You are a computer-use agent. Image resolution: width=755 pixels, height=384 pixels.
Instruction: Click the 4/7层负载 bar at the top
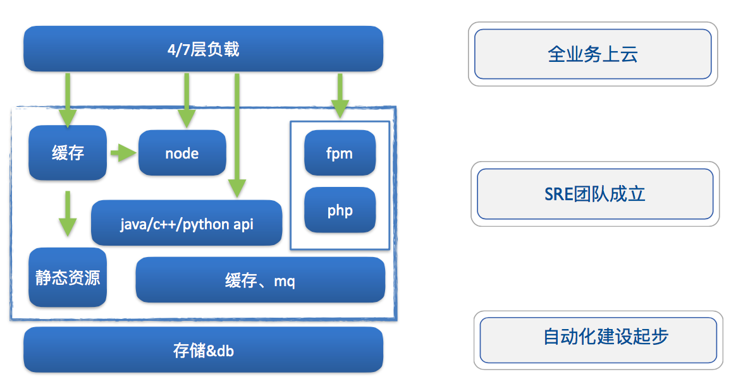tap(203, 49)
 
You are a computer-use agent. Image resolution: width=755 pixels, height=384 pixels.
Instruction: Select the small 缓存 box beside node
tap(68, 153)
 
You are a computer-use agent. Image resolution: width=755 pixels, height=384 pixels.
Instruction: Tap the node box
tap(182, 153)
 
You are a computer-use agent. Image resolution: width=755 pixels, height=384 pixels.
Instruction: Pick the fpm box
tap(340, 153)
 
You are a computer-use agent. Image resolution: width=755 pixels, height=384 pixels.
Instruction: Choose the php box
tap(340, 210)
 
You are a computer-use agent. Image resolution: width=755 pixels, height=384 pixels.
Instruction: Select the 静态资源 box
tap(68, 278)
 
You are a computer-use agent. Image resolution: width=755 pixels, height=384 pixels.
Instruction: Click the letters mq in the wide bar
tap(284, 281)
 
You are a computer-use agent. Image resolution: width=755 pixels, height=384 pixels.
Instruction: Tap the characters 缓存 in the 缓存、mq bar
tap(241, 281)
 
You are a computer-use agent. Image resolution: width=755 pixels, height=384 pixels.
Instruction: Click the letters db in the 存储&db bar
tap(225, 351)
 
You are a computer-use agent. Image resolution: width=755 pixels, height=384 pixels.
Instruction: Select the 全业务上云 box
tap(592, 54)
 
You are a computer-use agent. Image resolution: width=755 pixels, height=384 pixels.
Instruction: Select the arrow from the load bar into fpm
tap(340, 95)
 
